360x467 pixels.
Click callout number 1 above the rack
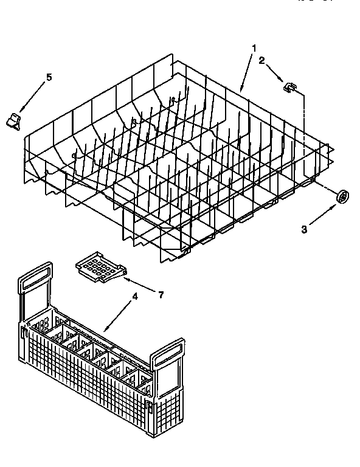(254, 47)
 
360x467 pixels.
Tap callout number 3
(305, 229)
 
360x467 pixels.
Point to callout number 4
(135, 297)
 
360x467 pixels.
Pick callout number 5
(49, 77)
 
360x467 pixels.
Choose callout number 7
(161, 294)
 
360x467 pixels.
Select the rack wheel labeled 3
(344, 196)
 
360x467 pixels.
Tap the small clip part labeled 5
(14, 120)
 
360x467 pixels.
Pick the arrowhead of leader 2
(283, 81)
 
